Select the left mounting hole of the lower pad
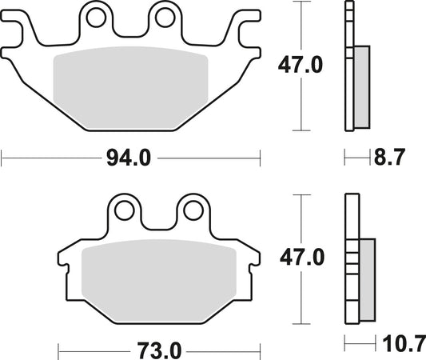pyautogui.click(x=123, y=210)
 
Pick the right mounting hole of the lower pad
pyautogui.click(x=192, y=210)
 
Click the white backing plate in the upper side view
pyautogui.click(x=348, y=64)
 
